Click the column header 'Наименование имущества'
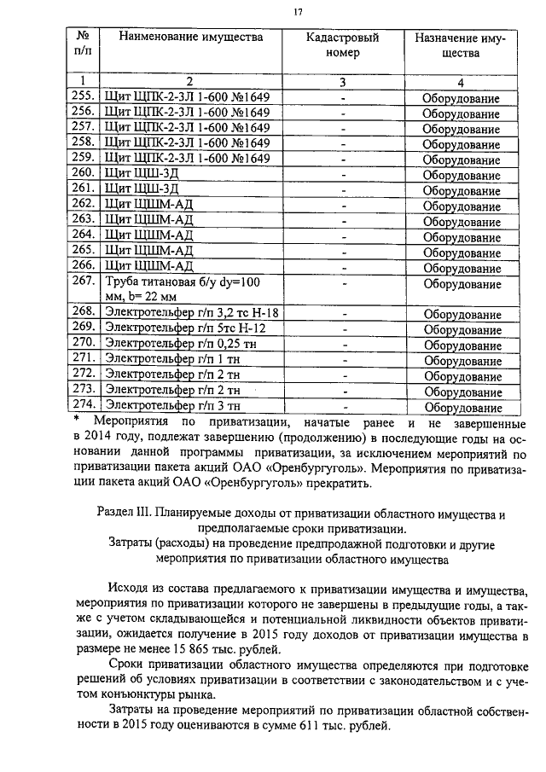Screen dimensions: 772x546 tap(190, 38)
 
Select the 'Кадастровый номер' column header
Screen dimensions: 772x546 tap(342, 45)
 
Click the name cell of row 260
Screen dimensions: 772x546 tap(141, 172)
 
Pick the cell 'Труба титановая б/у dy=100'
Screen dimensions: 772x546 tap(181, 283)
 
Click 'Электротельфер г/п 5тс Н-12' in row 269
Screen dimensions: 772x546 tap(183, 328)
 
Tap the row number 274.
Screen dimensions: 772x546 tap(83, 406)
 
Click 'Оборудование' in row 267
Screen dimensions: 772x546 tap(461, 284)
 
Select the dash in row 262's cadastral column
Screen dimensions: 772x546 tap(342, 204)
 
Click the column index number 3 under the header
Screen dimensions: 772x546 tap(342, 82)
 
